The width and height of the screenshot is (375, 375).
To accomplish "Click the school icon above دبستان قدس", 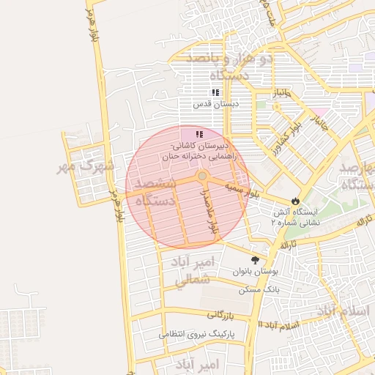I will point(215,92).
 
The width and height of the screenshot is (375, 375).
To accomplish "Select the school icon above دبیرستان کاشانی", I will point(198,134).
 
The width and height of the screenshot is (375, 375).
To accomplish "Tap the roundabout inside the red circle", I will point(202,177).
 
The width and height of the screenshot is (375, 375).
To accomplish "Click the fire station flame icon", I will point(295,200).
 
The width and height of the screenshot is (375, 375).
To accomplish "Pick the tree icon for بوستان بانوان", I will point(255,260).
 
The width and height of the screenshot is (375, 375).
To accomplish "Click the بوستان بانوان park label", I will point(256,272).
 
